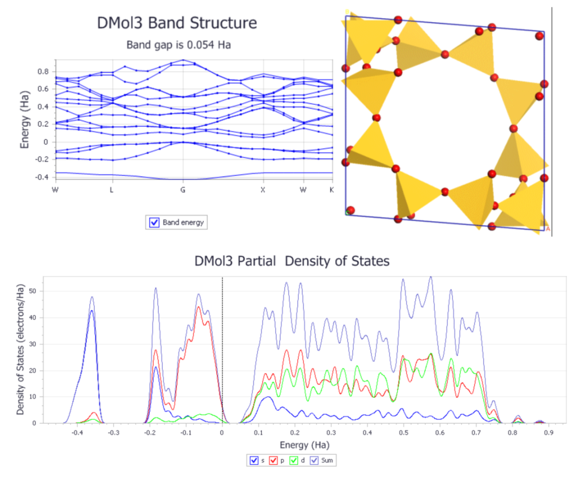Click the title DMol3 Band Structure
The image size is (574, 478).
coord(177,23)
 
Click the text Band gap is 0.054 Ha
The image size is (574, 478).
coord(178,45)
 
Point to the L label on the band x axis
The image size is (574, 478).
coord(112,190)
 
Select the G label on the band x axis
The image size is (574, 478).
coord(182,190)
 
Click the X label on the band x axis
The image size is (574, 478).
coord(263,190)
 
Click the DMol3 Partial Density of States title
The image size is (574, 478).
coord(291,261)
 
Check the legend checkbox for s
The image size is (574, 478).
coord(255,460)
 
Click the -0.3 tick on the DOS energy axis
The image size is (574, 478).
coord(113,433)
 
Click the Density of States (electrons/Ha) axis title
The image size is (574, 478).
coord(21,349)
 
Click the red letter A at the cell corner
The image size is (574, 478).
coord(547,229)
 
